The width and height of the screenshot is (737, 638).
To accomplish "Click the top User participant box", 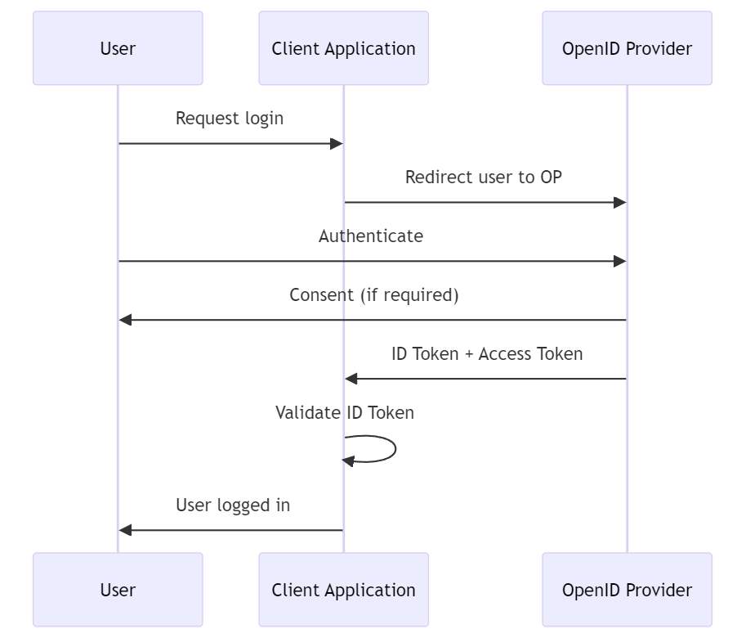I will tap(118, 48).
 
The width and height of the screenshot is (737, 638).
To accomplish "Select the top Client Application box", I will tap(343, 48).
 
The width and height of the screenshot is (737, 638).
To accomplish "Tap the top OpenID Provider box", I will tap(627, 48).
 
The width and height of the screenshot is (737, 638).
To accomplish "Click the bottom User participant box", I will tap(118, 590).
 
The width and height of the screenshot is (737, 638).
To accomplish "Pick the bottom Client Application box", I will tap(343, 590).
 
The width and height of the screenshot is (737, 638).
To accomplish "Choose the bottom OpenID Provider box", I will tap(627, 590).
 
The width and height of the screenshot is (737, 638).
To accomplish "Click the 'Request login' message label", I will tap(230, 118).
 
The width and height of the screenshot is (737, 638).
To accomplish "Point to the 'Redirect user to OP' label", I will tap(484, 177).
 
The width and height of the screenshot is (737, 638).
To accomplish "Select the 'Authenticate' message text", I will tap(371, 236).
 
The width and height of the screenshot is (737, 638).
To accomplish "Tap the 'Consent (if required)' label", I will tap(373, 294).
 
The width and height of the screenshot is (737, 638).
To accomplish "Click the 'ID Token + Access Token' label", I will tap(487, 353).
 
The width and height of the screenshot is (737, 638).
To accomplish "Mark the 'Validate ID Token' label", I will tap(344, 412).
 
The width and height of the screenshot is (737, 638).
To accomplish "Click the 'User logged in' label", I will tap(233, 505).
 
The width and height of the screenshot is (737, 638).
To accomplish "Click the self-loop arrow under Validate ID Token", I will tap(395, 449).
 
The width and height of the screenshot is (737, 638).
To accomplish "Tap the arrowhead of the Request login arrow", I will tap(336, 144).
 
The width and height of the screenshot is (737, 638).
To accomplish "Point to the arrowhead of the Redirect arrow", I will tap(620, 202).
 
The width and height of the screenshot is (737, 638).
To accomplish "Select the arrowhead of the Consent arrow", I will tap(125, 320).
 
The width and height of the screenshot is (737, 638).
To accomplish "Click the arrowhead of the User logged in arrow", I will tap(125, 530).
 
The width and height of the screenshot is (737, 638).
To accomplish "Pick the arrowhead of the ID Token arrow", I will tap(351, 379).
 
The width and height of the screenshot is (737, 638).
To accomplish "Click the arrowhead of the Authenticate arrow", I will tap(620, 261).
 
